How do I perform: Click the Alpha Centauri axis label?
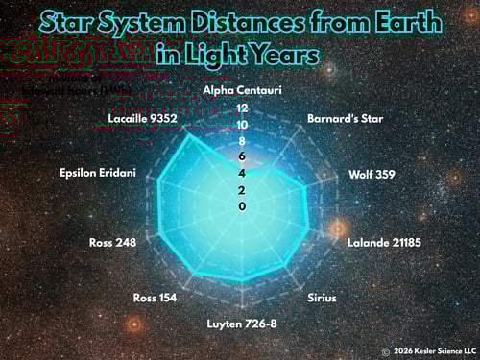coord(242,90)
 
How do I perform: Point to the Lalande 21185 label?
coord(384,242)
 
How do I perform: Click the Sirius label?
coord(322,298)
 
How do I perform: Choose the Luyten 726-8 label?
coord(242,323)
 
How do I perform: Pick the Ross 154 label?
coord(155,298)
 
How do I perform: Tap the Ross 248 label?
coord(112,242)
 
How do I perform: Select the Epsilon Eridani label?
coord(98,173)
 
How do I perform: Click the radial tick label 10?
coord(242,125)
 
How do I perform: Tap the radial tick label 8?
coord(242,141)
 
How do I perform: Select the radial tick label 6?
coord(242,156)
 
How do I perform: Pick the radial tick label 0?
coord(242,206)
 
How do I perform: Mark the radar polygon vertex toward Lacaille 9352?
coord(185,135)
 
